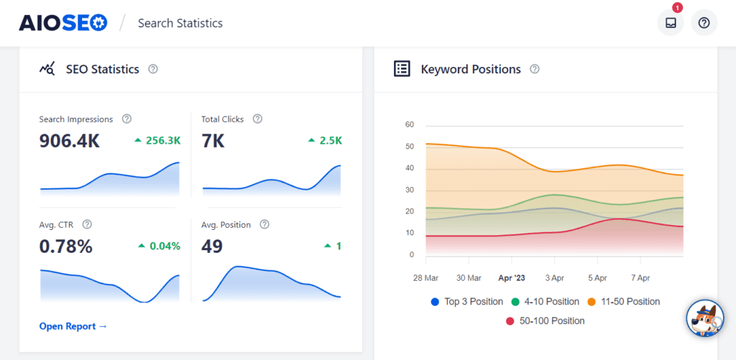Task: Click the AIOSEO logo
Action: [64, 23]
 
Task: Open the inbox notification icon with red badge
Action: [671, 23]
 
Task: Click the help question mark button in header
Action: [704, 23]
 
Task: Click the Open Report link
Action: [73, 326]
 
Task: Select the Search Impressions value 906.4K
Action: [69, 141]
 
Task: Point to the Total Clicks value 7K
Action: [213, 141]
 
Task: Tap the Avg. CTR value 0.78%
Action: [65, 246]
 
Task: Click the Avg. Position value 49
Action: [213, 246]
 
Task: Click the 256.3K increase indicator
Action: [157, 141]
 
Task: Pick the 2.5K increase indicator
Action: [325, 141]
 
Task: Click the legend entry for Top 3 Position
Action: [467, 302]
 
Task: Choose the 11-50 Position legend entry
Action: [624, 302]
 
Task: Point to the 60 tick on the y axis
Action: [410, 124]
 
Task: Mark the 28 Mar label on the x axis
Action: [426, 278]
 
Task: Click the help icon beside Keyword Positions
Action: [534, 70]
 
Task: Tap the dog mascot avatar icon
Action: [704, 319]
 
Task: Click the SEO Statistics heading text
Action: [102, 70]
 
